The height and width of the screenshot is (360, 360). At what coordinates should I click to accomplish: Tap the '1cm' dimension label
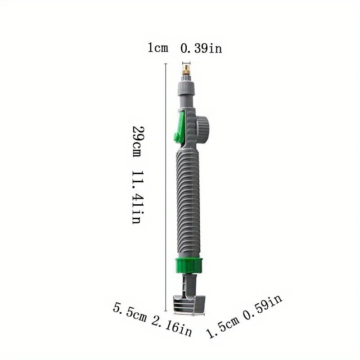158,48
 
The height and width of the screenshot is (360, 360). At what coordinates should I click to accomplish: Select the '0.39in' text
201,48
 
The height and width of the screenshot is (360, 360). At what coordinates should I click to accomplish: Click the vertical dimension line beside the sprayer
166,189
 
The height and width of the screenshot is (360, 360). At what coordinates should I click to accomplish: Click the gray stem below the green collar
189,283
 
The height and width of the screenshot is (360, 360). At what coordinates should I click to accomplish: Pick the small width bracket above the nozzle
185,63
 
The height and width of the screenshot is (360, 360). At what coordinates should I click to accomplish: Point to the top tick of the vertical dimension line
166,64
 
